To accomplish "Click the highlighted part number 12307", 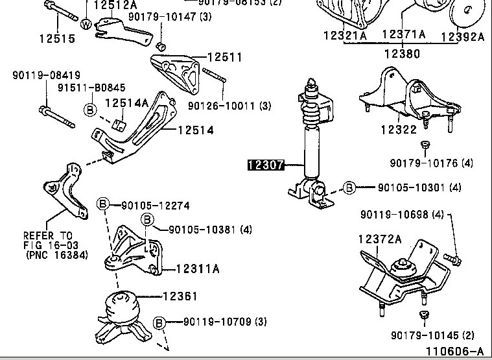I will pos(266,165).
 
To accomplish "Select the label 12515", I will pos(56,38).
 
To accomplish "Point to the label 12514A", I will pos(126,102).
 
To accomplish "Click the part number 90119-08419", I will pos(37,76).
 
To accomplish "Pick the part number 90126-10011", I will pos(221,105).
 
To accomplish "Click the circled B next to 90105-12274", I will pos(102,206).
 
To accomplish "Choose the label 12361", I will pos(180,296).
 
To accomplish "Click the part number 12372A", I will pos(380,240).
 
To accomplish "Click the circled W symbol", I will pos(86,24).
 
